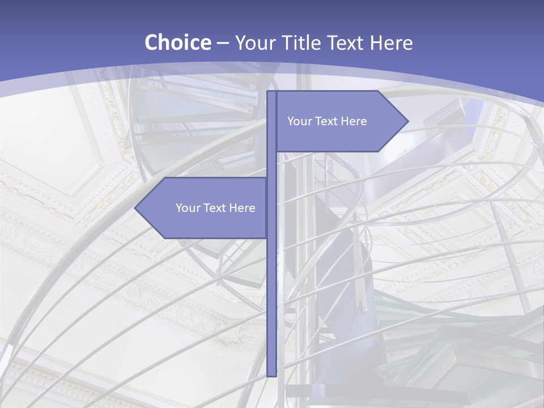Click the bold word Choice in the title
tap(177, 42)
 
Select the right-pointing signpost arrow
tap(340, 121)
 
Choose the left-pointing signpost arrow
tap(204, 208)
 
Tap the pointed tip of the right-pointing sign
tap(406, 121)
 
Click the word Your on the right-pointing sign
tap(299, 121)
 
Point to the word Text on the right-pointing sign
tap(327, 121)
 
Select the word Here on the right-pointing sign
tap(354, 121)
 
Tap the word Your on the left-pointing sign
tap(188, 208)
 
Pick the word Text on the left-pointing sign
tap(215, 208)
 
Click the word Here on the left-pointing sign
tap(243, 208)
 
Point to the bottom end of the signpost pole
tap(271, 374)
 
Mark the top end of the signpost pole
tap(271, 93)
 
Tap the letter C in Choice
tap(151, 42)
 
